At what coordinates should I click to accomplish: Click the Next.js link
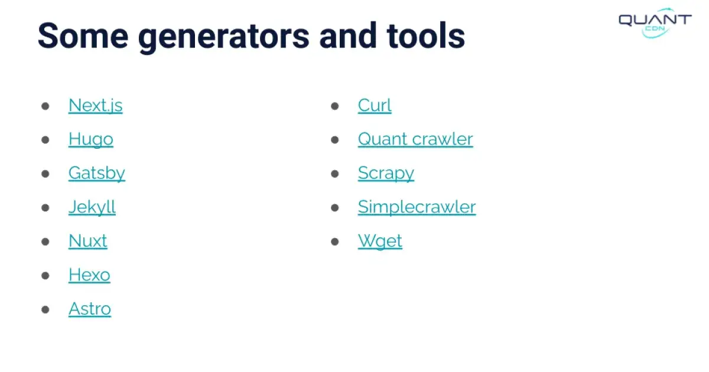pos(95,105)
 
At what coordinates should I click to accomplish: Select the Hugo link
pos(90,139)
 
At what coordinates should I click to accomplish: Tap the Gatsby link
pos(96,173)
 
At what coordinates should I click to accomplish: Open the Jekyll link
pos(92,207)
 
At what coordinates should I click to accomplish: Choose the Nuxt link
pos(87,241)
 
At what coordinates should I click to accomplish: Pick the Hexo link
pos(89,275)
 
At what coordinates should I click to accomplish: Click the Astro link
pos(89,309)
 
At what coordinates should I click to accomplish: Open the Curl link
pos(375,105)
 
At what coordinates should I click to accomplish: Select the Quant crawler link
pos(415,139)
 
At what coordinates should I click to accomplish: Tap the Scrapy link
pos(386,173)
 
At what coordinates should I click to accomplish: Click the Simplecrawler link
pos(417,207)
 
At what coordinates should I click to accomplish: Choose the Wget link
pos(380,241)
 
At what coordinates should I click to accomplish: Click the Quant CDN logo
pos(654,22)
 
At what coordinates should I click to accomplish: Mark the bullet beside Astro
pos(45,309)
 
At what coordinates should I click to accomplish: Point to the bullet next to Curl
pos(335,106)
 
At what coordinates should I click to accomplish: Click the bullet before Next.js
pos(45,106)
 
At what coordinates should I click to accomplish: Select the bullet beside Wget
pos(335,242)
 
